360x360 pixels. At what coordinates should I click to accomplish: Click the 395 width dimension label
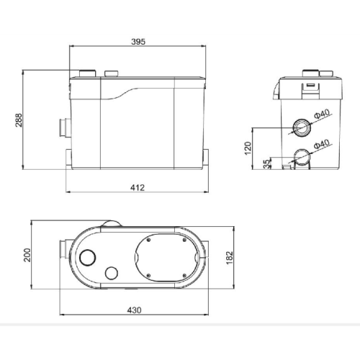tap(138, 42)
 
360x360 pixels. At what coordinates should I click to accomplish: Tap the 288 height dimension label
tap(19, 120)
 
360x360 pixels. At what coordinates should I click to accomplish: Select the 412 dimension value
tap(138, 187)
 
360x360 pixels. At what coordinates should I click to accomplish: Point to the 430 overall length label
tap(134, 310)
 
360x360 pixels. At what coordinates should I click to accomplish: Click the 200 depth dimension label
tap(27, 255)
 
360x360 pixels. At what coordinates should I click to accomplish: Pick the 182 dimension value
tap(230, 258)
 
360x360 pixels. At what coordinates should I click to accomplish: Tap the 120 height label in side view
tap(248, 148)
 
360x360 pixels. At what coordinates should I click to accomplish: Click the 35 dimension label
tap(266, 164)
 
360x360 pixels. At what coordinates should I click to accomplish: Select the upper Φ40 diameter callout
tap(323, 114)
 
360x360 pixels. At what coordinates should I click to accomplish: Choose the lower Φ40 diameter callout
tap(322, 144)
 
